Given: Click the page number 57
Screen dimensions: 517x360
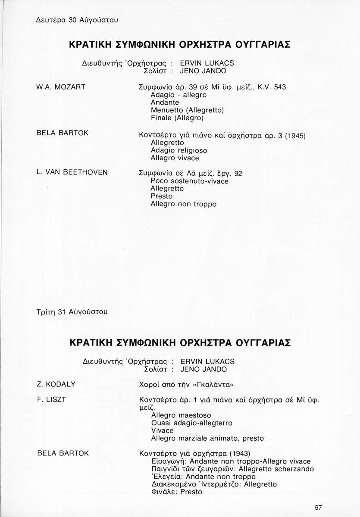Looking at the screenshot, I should [x=319, y=508].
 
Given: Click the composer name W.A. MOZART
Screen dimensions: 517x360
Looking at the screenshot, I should [x=61, y=87].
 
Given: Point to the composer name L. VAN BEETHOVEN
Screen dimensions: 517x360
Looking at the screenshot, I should [x=72, y=172].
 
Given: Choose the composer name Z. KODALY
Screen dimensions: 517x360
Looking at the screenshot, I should [x=56, y=383].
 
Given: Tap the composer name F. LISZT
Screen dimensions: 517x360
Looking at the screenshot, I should [x=52, y=399].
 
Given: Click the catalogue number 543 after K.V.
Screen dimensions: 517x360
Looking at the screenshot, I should [x=280, y=87].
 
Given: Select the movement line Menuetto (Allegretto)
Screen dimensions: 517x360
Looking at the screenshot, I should [x=187, y=110].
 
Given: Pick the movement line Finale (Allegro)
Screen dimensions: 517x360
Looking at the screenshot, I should [x=177, y=118].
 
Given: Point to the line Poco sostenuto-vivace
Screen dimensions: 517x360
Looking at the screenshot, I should [x=189, y=181].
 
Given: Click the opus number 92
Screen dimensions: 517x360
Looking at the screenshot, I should [x=238, y=173].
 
